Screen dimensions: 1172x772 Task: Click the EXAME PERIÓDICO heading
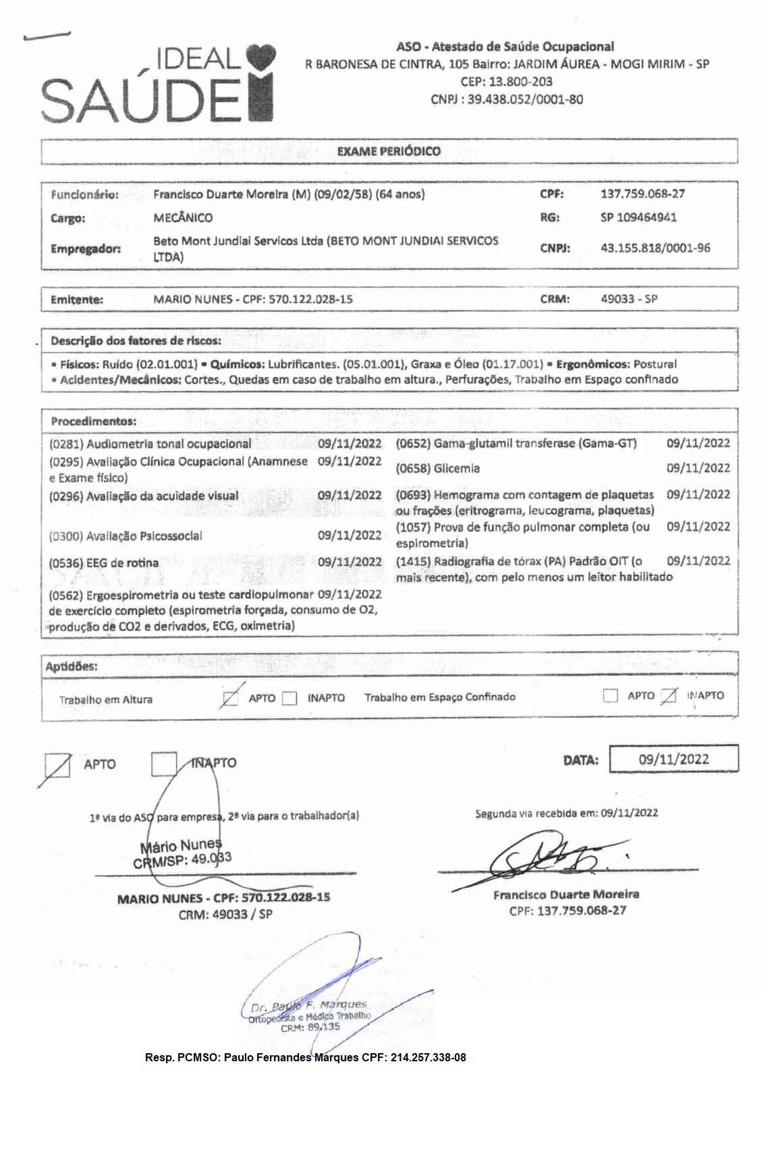tap(389, 151)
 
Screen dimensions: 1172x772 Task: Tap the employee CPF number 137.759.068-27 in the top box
tap(642, 194)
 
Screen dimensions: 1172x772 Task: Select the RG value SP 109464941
tap(638, 217)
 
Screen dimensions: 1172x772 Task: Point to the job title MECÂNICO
tap(183, 217)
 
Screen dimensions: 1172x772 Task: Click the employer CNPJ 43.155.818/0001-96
tap(655, 248)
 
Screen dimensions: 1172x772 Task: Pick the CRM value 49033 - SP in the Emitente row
tap(629, 298)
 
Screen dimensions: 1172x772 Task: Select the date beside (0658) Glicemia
tap(698, 468)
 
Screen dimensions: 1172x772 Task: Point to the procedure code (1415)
tap(413, 561)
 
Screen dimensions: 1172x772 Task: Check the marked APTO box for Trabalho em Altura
tap(230, 698)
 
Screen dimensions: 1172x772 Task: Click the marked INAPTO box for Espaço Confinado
tap(668, 696)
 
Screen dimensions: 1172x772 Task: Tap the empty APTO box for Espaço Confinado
tap(610, 696)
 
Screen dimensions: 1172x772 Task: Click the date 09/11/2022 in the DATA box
tap(673, 759)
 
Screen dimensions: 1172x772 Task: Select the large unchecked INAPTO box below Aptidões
tap(164, 764)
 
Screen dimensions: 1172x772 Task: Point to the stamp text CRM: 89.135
tap(310, 1028)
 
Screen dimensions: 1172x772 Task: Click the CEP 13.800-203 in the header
tap(506, 82)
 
